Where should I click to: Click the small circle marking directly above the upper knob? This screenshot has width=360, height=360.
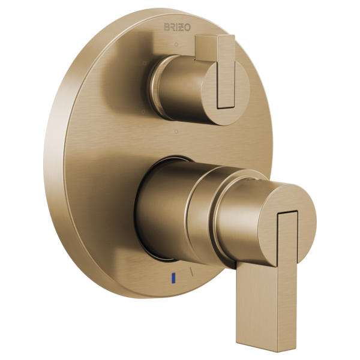pos(176,45)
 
